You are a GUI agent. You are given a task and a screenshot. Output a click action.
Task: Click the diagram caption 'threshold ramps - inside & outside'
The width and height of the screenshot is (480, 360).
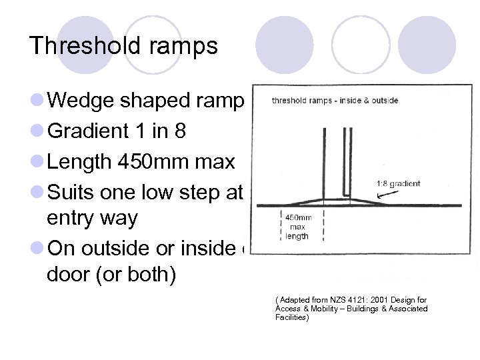(335, 101)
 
